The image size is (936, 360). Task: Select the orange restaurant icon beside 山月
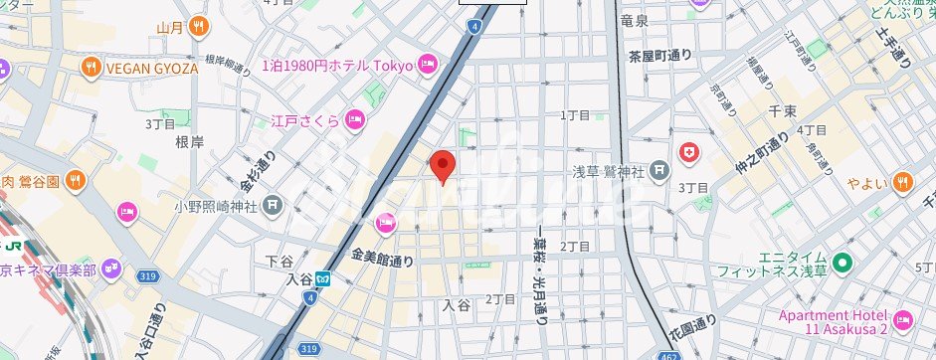click(200, 26)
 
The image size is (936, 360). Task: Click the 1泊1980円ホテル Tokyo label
click(337, 66)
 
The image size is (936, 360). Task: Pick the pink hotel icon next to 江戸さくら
click(355, 120)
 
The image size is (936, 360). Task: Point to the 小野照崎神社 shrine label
click(215, 207)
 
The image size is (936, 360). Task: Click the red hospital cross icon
click(688, 152)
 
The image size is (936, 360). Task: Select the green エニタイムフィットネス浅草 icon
click(842, 265)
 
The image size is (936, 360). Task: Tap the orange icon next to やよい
click(902, 181)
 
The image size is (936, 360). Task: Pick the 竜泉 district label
click(634, 20)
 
